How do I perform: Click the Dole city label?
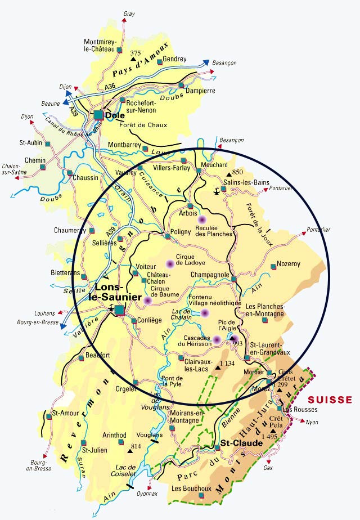click(115, 115)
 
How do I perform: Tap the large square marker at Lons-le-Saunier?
click(119, 308)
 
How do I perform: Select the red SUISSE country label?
click(333, 400)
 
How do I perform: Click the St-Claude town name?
click(241, 443)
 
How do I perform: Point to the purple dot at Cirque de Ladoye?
click(169, 263)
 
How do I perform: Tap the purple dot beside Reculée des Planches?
click(201, 219)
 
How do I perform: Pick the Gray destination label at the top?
click(129, 13)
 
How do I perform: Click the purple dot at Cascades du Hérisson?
click(216, 339)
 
